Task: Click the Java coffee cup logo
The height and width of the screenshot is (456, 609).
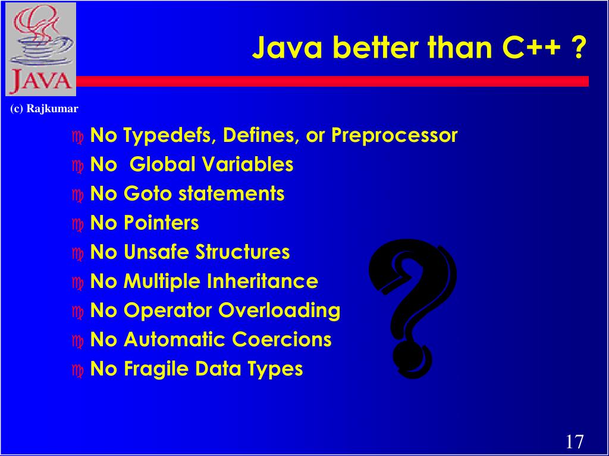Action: (40, 49)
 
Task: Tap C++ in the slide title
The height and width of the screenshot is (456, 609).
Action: (532, 47)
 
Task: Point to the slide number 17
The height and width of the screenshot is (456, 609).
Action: (574, 442)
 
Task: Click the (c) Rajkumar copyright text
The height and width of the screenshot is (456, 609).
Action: (44, 109)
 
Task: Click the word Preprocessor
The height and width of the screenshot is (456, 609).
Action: (394, 136)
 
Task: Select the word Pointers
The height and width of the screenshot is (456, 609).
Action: (161, 223)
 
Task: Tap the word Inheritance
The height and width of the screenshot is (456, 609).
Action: (262, 281)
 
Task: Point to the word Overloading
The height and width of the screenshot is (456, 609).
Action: (279, 311)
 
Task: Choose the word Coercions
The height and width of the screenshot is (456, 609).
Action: (281, 340)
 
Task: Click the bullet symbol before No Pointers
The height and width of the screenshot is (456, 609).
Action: (78, 224)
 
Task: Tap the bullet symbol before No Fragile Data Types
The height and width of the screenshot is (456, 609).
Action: (78, 370)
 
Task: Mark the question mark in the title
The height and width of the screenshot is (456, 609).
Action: (577, 47)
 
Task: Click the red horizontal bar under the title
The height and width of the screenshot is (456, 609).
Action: (333, 81)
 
